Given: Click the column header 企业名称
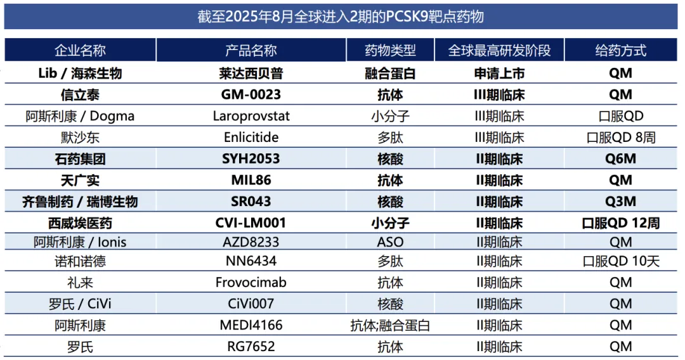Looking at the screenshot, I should [x=80, y=51].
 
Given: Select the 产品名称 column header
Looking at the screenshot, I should [x=251, y=51].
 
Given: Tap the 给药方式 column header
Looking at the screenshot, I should [x=620, y=51].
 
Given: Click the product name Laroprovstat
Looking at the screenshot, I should [x=251, y=116].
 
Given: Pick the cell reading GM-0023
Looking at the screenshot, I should [x=251, y=95].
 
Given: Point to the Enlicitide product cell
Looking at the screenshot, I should [x=251, y=138].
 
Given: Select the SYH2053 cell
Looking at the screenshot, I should [x=251, y=159].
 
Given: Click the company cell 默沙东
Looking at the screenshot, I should [x=80, y=138].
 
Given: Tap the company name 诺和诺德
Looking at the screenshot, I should [x=80, y=260].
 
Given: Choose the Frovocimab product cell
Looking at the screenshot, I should [x=251, y=282].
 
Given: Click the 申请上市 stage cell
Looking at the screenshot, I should [x=499, y=74].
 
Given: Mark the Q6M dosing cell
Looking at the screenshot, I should [x=620, y=159].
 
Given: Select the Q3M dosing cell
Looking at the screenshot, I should [x=620, y=202].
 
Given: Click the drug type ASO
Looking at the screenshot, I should [x=390, y=241].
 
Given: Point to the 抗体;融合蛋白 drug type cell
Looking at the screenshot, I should [x=390, y=325].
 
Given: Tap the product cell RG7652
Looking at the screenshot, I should [x=251, y=347].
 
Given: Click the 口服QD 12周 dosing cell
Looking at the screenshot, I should [x=620, y=223].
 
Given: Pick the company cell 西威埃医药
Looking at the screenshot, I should [x=80, y=223].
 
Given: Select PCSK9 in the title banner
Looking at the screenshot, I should [x=404, y=16].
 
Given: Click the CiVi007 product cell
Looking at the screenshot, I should [x=251, y=304].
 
